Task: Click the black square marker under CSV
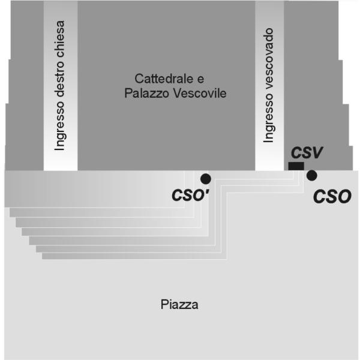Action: (296, 166)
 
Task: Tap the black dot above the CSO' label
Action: (206, 179)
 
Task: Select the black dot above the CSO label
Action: (312, 175)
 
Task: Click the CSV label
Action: (307, 152)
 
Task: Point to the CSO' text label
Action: (191, 195)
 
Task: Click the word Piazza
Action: (179, 305)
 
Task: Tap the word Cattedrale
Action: (164, 79)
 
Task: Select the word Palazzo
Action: (147, 93)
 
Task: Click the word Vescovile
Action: (200, 93)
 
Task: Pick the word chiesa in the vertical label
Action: (60, 39)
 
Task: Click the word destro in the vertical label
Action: (60, 79)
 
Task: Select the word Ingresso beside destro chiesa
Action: (60, 125)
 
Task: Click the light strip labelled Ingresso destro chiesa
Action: (61, 85)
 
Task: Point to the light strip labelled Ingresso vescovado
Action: (269, 85)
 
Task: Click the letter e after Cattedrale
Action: (200, 80)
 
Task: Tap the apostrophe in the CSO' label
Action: (207, 191)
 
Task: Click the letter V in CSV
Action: (316, 152)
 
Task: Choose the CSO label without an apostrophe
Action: (332, 197)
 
